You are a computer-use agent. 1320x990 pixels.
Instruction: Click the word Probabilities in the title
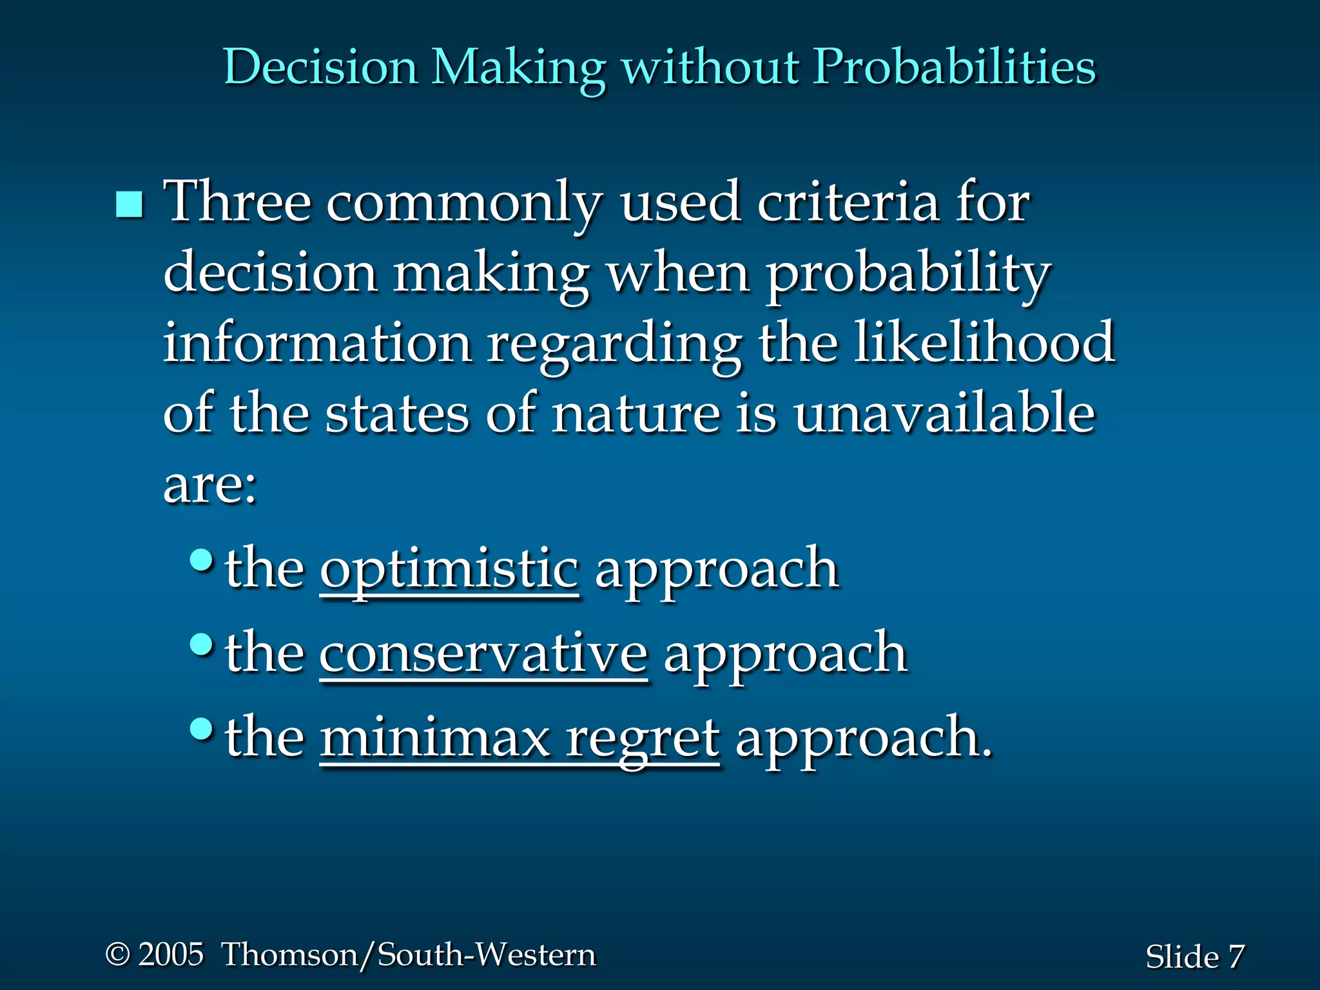(x=954, y=67)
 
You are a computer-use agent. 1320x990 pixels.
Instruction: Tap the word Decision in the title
(x=320, y=67)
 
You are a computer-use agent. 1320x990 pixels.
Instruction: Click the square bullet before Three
(x=130, y=204)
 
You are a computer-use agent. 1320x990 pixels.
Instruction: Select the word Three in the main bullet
(x=237, y=202)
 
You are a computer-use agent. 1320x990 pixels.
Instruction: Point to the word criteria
(x=848, y=202)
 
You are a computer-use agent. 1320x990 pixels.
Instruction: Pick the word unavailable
(x=944, y=413)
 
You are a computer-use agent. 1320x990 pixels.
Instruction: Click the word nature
(x=636, y=413)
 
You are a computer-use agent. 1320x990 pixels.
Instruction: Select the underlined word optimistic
(x=449, y=569)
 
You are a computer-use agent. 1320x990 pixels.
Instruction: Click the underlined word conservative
(x=483, y=653)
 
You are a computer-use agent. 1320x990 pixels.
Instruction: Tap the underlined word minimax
(x=434, y=737)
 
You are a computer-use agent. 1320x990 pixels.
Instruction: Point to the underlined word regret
(x=642, y=739)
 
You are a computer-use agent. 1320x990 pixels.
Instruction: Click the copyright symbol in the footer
(x=117, y=954)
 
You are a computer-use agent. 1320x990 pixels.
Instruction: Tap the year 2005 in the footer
(x=171, y=954)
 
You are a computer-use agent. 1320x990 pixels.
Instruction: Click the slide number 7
(x=1236, y=956)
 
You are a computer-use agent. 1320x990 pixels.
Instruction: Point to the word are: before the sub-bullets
(x=210, y=485)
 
